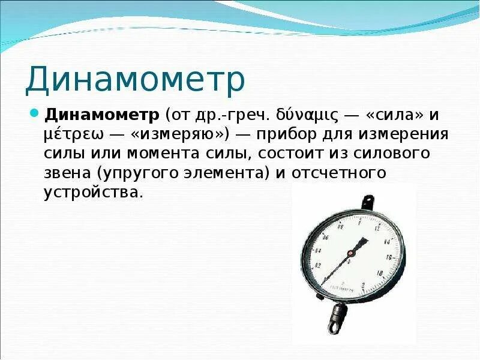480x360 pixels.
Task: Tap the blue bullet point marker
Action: pyautogui.click(x=34, y=113)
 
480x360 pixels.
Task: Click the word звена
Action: pyautogui.click(x=67, y=173)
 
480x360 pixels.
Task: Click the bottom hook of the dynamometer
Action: pyautogui.click(x=337, y=317)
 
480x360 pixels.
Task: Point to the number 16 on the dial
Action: pyautogui.click(x=389, y=257)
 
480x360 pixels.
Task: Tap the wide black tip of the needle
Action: pyautogui.click(x=362, y=243)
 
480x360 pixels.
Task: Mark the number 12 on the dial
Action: pyautogui.click(x=376, y=229)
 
